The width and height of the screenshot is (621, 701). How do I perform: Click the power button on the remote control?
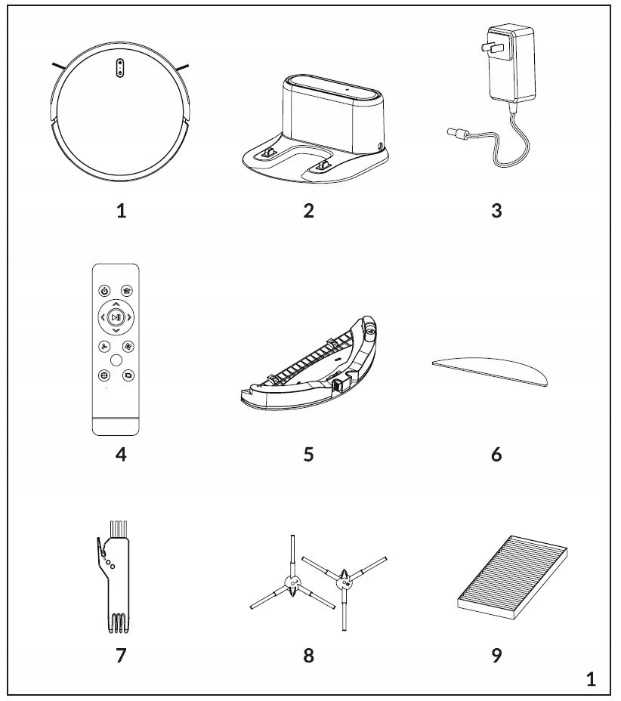(x=103, y=290)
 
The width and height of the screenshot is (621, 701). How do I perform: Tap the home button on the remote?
(x=127, y=290)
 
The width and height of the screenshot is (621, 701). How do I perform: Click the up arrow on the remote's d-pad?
(x=116, y=304)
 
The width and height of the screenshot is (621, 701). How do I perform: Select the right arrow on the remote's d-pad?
(x=130, y=318)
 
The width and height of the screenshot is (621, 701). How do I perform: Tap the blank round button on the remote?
(x=116, y=360)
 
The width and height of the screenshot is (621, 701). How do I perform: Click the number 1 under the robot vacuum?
(x=121, y=210)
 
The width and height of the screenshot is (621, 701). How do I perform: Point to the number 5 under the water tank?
(x=307, y=455)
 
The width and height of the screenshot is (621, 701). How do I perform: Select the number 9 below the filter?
(x=496, y=655)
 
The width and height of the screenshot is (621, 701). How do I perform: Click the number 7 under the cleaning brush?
(x=121, y=655)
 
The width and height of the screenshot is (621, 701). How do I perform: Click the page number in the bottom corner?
(x=591, y=679)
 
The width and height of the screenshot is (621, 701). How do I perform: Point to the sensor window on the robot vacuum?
(x=119, y=67)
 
